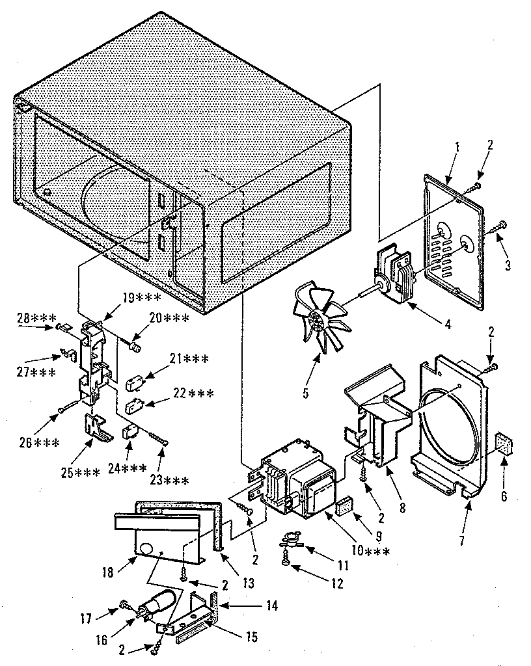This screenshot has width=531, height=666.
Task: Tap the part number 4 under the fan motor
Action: [447, 324]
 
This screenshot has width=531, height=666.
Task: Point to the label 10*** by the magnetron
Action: [370, 552]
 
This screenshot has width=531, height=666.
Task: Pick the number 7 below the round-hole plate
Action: [462, 540]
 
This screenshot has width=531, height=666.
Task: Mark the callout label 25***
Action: [80, 473]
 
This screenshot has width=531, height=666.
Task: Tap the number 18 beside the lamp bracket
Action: [108, 572]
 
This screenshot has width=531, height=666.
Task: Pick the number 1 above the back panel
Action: [457, 148]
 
